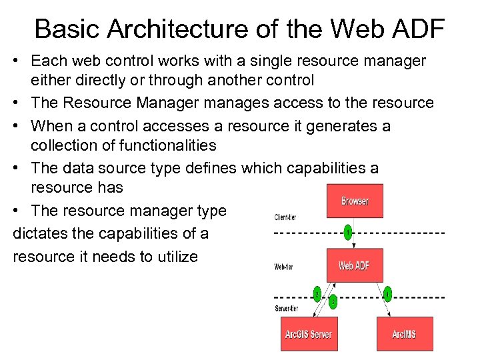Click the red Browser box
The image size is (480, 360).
tap(355, 201)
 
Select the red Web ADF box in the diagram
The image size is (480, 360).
tap(354, 265)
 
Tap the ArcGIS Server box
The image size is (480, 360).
tap(309, 333)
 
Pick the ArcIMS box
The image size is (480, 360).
tap(405, 333)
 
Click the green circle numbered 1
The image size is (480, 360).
tap(347, 233)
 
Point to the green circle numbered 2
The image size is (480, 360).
tap(317, 293)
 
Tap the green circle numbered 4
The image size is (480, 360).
tap(387, 293)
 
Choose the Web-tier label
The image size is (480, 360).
tap(284, 267)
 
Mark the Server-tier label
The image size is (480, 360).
tap(287, 309)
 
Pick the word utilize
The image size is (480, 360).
tap(175, 256)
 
